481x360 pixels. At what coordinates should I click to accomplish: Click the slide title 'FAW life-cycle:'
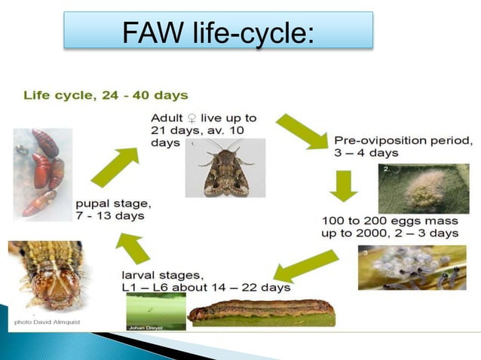[x=218, y=32]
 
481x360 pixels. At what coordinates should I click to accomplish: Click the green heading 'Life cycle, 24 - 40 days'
[x=106, y=96]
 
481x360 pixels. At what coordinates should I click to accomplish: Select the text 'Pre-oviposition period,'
[x=403, y=140]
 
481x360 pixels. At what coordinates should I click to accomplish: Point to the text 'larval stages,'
[x=159, y=274]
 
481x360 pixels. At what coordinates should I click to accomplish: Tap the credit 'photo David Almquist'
[x=47, y=322]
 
